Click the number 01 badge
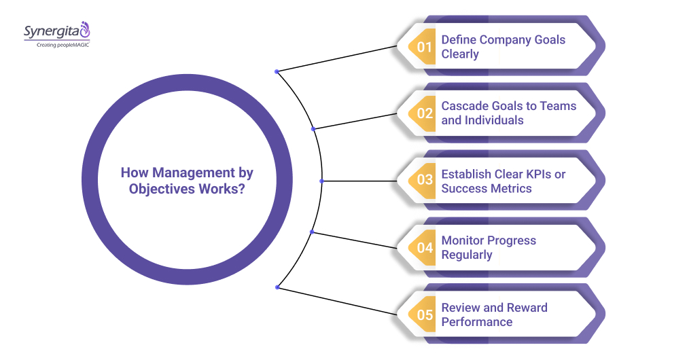[x=425, y=47]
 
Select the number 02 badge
[x=425, y=113]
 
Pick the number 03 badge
[x=425, y=181]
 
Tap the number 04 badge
[x=425, y=248]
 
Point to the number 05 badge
[x=425, y=314]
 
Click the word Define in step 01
[x=459, y=39]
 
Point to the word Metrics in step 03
[x=510, y=188]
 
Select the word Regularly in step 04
[x=467, y=255]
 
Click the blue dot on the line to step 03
[x=321, y=181]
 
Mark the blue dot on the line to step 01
[x=277, y=71]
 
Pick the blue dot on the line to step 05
[x=277, y=287]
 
